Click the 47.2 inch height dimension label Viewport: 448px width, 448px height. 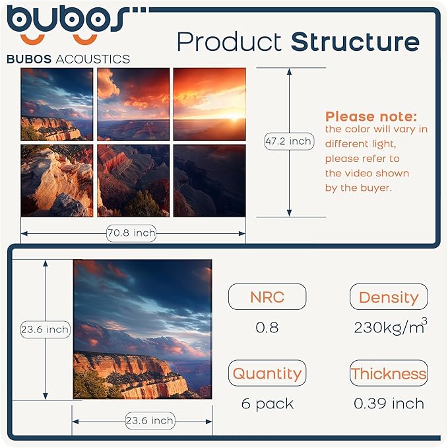[x=288, y=141]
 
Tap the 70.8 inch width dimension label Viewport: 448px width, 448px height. [x=131, y=233]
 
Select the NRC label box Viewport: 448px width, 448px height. [x=267, y=297]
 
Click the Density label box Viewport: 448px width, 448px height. [x=389, y=297]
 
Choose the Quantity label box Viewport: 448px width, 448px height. [x=267, y=373]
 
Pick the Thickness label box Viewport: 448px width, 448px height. [x=389, y=373]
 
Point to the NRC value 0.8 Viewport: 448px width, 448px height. [x=267, y=328]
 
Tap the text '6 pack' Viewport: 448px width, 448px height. [x=267, y=404]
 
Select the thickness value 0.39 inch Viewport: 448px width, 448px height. [x=389, y=404]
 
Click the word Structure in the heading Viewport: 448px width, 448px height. [x=355, y=42]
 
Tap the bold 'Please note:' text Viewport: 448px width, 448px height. [x=371, y=117]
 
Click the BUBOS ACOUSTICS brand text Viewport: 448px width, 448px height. [x=68, y=59]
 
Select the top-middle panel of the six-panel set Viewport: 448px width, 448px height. [x=134, y=104]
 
